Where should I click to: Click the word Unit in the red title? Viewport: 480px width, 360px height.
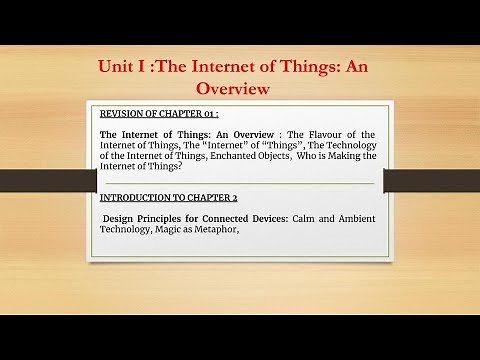[117, 67]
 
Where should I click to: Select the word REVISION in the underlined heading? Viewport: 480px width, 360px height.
[123, 112]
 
